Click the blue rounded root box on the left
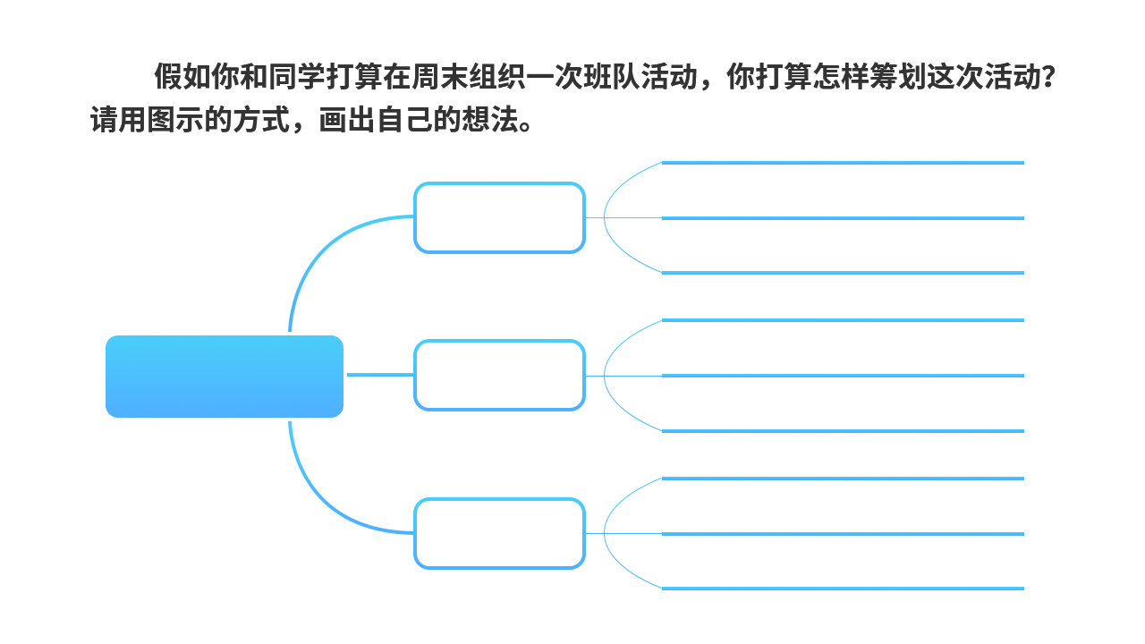(x=224, y=377)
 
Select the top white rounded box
(x=499, y=218)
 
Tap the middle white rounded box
(x=499, y=376)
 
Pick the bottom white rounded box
(x=499, y=533)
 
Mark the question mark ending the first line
(x=1047, y=78)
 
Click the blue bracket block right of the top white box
(x=632, y=218)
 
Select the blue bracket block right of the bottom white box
(x=632, y=533)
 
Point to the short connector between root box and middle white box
(x=379, y=376)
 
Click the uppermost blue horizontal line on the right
(x=842, y=163)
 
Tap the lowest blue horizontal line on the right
(x=842, y=589)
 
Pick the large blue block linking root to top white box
(x=352, y=272)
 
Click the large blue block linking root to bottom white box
(x=352, y=479)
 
